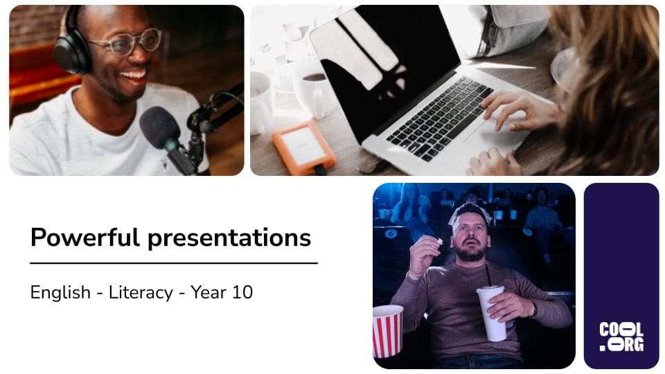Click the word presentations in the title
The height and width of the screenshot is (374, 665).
click(x=229, y=238)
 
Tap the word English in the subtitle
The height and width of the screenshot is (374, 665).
click(x=60, y=292)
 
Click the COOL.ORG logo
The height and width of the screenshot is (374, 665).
click(x=621, y=337)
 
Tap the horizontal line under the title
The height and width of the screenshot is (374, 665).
click(x=173, y=263)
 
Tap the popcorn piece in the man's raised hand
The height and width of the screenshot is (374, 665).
click(x=439, y=241)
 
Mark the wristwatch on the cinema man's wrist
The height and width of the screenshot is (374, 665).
click(x=534, y=308)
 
